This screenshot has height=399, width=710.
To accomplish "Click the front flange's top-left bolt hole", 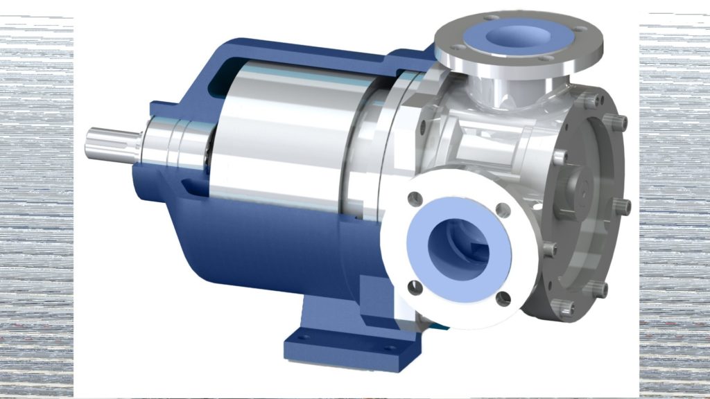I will point(416,199).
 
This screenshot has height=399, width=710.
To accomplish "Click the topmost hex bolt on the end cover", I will point(590,101).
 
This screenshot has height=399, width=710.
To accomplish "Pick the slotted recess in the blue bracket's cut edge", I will point(185,184).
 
